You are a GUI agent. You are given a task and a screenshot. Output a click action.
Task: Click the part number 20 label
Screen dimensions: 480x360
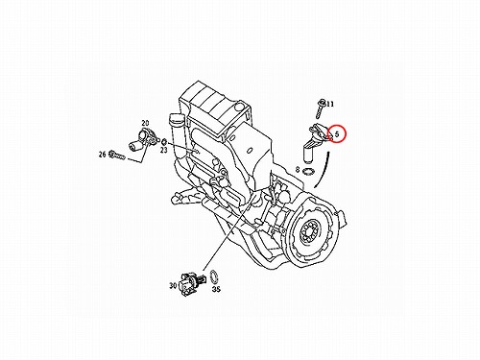tap(145, 123)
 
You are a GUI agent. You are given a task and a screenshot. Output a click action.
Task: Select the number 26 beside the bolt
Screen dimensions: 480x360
tap(103, 155)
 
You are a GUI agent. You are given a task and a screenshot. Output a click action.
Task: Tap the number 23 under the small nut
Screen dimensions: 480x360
tap(164, 150)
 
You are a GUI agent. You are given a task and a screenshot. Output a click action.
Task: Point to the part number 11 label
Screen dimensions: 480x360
tap(330, 104)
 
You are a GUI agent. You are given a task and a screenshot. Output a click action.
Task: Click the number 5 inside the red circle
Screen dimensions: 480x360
tap(337, 134)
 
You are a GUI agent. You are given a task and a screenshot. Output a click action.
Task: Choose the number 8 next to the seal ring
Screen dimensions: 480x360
tap(298, 170)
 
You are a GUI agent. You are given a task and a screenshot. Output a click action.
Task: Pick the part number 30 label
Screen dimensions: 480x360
tap(173, 285)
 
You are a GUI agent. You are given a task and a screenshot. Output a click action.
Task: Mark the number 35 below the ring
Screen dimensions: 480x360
tap(217, 289)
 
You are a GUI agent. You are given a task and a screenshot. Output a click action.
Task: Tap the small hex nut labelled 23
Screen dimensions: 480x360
tap(163, 141)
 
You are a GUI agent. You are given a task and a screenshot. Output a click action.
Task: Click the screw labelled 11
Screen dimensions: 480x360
tap(321, 108)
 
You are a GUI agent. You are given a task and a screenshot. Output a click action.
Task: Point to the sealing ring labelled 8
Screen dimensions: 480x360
tap(309, 172)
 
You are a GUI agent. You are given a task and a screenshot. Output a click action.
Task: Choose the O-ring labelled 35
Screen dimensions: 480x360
tap(215, 277)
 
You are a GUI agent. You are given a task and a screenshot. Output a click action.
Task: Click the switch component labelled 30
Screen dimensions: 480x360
tap(189, 284)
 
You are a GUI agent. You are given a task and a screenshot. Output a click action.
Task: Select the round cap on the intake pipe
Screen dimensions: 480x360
tap(176, 119)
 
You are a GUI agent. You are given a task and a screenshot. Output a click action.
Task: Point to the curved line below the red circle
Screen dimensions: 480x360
tap(323, 171)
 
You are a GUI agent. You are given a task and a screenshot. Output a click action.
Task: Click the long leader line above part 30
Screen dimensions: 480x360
tap(228, 233)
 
